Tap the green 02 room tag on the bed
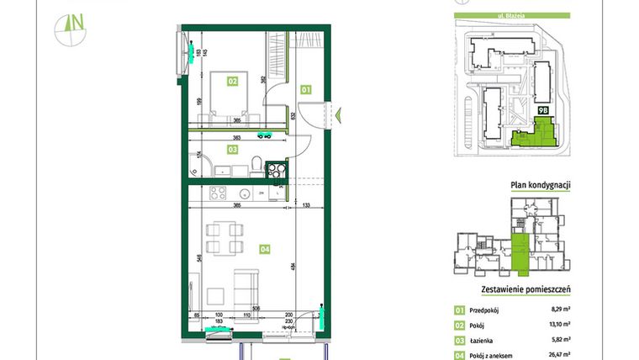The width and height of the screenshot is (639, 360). (x=231, y=82)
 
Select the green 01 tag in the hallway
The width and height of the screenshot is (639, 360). (x=306, y=88)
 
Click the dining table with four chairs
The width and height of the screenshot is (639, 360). (x=222, y=237)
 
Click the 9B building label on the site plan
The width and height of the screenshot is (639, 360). (x=543, y=109)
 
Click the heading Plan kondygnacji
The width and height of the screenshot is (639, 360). (x=541, y=186)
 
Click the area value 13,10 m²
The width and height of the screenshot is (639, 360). (x=560, y=325)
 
